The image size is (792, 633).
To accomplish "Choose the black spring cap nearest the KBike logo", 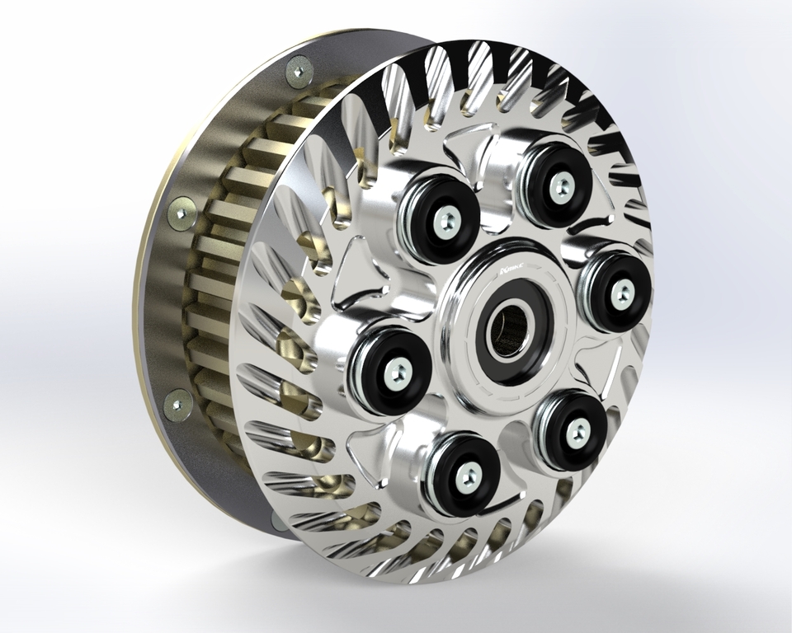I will (x=441, y=217).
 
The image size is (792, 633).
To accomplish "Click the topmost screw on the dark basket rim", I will (x=299, y=72).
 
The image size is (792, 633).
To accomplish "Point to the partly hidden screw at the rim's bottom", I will (x=275, y=518).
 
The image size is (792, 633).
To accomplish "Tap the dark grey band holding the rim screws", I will (x=165, y=305).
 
